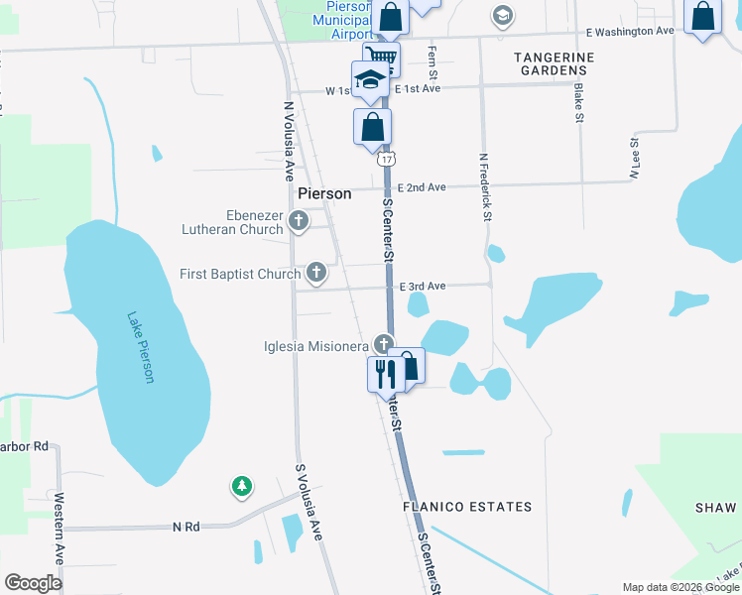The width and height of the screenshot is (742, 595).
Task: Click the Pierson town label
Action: [x=324, y=193]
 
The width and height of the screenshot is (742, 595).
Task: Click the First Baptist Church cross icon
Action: [x=316, y=271]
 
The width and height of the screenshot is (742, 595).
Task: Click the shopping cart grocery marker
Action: [x=381, y=58]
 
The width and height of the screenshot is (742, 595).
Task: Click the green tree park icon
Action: [x=241, y=486]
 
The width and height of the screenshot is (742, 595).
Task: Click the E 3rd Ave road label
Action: [x=423, y=286]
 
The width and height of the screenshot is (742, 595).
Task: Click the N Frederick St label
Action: [x=486, y=185]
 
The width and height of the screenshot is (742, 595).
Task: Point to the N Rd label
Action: [x=185, y=527]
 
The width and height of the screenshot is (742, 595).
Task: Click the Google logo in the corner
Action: [x=33, y=582]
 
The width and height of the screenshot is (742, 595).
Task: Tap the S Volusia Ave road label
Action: [x=309, y=501]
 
